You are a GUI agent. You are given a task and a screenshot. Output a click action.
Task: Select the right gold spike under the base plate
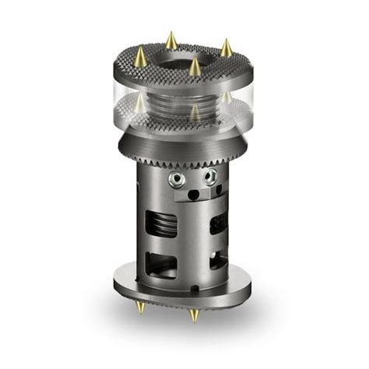pos(194,315)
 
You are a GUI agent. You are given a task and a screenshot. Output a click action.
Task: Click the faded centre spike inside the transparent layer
pos(193,113)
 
